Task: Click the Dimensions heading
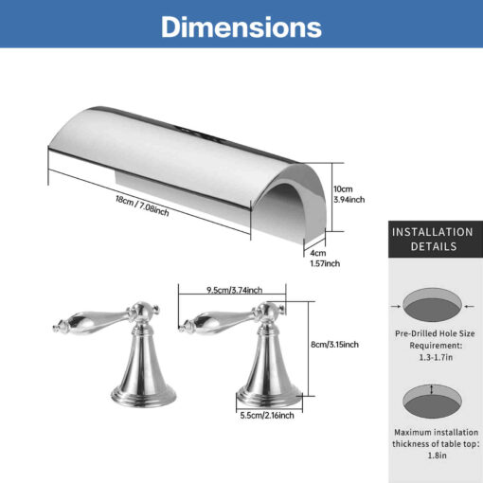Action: [x=241, y=27]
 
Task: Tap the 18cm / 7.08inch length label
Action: [x=142, y=206]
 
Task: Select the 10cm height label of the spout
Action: [x=343, y=189]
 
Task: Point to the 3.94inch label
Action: [x=349, y=200]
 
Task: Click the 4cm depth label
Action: [x=318, y=253]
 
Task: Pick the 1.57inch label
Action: [x=325, y=263]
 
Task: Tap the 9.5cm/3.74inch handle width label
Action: [x=235, y=290]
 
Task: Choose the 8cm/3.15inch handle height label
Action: [x=334, y=344]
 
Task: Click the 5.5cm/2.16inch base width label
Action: [x=267, y=415]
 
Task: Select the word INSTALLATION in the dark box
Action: [x=433, y=232]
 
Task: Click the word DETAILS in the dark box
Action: [x=434, y=246]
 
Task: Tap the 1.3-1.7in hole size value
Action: [x=436, y=357]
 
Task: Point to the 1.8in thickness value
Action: [x=437, y=456]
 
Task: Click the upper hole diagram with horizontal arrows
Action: [x=432, y=305]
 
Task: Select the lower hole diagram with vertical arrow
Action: [x=432, y=402]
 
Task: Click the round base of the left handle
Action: [x=144, y=396]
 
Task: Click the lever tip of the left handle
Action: [x=57, y=329]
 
